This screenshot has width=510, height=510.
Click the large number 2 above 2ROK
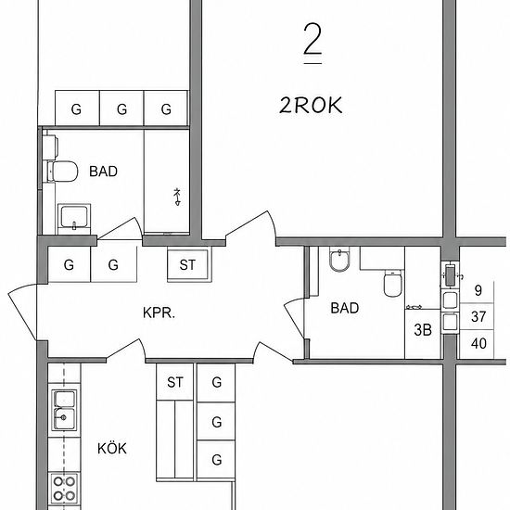312,39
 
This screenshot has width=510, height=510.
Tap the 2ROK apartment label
311,106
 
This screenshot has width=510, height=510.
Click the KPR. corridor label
159,312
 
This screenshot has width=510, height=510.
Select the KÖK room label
112,448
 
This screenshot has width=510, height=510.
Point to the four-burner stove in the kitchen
64,489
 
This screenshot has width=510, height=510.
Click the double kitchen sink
64,410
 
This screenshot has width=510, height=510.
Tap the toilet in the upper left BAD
62,172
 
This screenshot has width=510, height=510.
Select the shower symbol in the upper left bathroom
177,197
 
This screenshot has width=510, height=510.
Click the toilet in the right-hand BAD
392,283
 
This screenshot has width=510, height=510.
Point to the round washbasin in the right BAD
339,261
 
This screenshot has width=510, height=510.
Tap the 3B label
423,330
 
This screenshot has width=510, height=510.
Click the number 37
478,316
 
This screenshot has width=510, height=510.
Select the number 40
478,343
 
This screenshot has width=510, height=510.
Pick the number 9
478,290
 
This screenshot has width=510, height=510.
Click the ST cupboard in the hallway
187,265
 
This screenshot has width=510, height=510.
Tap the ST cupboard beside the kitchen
175,382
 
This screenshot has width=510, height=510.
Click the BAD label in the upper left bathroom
103,172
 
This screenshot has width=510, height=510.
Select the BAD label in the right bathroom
345,308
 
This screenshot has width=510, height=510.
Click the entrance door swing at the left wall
19,309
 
